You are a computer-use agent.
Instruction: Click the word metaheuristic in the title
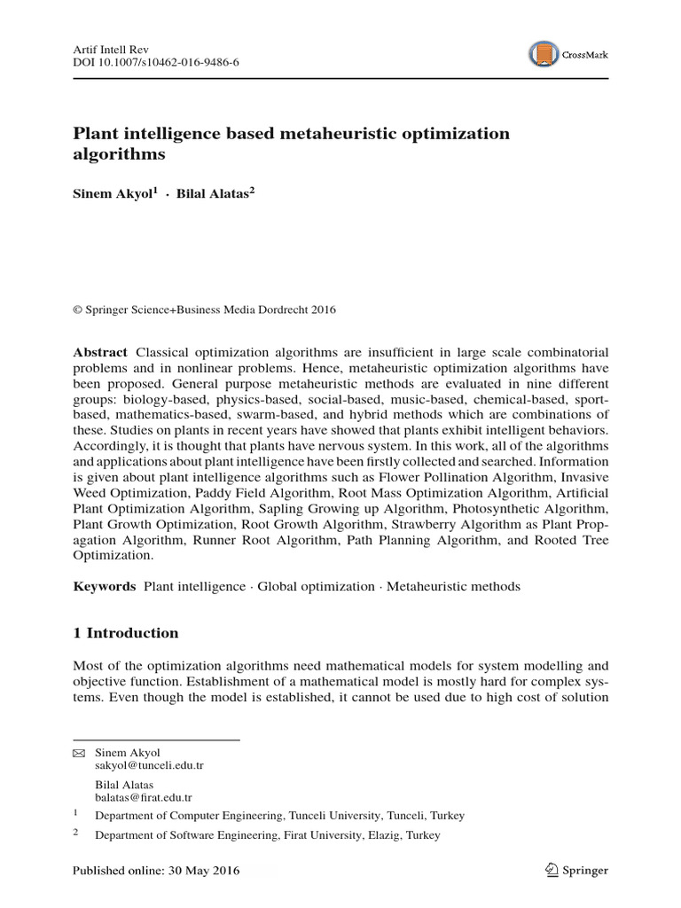click(320, 134)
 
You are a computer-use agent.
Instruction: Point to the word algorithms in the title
click(119, 154)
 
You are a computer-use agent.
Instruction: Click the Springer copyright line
click(204, 309)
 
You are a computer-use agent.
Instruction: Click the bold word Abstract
click(100, 352)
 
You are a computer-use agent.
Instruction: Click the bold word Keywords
click(104, 586)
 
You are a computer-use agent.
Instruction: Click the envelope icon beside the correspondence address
click(78, 752)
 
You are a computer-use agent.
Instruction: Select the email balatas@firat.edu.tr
click(143, 798)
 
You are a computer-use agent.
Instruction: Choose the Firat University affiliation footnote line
click(267, 835)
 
